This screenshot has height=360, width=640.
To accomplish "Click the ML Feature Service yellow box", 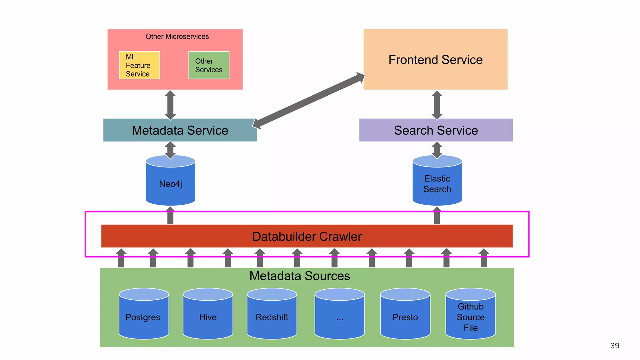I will [139, 65].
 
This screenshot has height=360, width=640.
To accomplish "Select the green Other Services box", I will [209, 65].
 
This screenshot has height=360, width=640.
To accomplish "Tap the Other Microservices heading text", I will [177, 37].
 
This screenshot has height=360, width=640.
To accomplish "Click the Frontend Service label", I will [435, 60].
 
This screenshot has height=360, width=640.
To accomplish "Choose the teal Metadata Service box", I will [180, 130].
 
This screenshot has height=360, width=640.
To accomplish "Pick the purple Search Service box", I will [436, 130].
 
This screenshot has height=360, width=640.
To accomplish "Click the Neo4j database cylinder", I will [170, 184].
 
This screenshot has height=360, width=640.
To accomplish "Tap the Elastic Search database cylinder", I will [437, 184].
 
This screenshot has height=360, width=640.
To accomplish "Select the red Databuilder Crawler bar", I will [307, 236].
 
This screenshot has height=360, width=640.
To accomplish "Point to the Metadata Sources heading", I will [299, 276].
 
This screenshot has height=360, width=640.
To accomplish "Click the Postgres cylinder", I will [144, 317].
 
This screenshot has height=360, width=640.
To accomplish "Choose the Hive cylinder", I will [208, 317].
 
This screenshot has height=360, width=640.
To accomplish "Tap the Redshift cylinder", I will [272, 317].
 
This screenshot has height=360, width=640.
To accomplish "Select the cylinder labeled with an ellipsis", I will [340, 317].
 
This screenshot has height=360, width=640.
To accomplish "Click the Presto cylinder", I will [405, 317].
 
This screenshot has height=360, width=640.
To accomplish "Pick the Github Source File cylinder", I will [470, 317].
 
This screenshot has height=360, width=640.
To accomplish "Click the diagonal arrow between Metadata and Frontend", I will [308, 101].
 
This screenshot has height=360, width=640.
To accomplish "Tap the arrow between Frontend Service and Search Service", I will [437, 105].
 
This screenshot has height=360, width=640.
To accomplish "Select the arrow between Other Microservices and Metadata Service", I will [170, 105].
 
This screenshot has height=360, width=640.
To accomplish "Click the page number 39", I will [614, 346].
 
